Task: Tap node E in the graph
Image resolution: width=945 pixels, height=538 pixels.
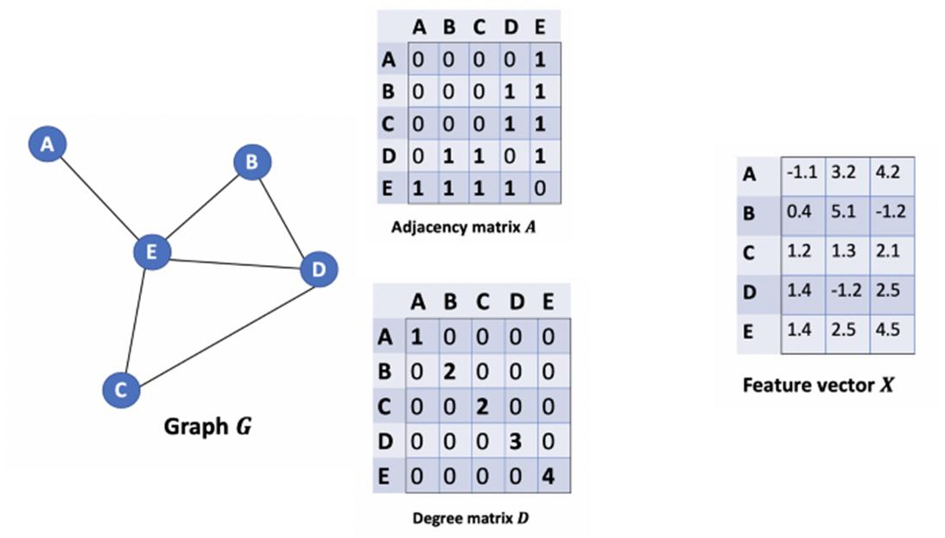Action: pyautogui.click(x=151, y=252)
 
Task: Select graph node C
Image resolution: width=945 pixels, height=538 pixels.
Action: pyautogui.click(x=121, y=389)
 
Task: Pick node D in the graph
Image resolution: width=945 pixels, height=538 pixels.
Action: pyautogui.click(x=318, y=270)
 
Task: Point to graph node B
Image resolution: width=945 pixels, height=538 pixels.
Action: pyautogui.click(x=252, y=161)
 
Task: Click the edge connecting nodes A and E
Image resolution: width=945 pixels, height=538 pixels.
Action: pyautogui.click(x=98, y=199)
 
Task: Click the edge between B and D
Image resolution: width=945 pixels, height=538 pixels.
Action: pyautogui.click(x=284, y=216)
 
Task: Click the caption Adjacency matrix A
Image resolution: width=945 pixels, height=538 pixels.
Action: pyautogui.click(x=469, y=228)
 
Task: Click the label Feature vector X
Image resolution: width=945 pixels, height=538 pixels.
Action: pyautogui.click(x=817, y=385)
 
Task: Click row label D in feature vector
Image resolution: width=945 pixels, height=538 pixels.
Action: pyautogui.click(x=750, y=291)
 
